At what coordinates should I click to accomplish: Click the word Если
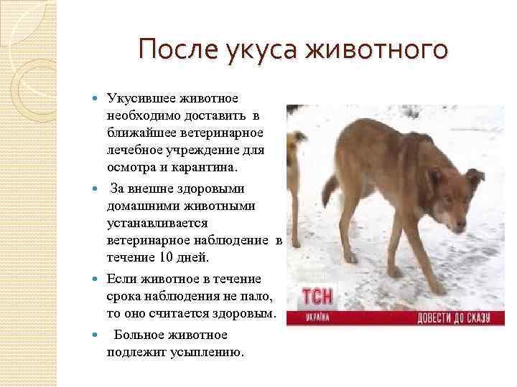click(120, 279)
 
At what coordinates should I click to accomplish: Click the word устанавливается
click(157, 224)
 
